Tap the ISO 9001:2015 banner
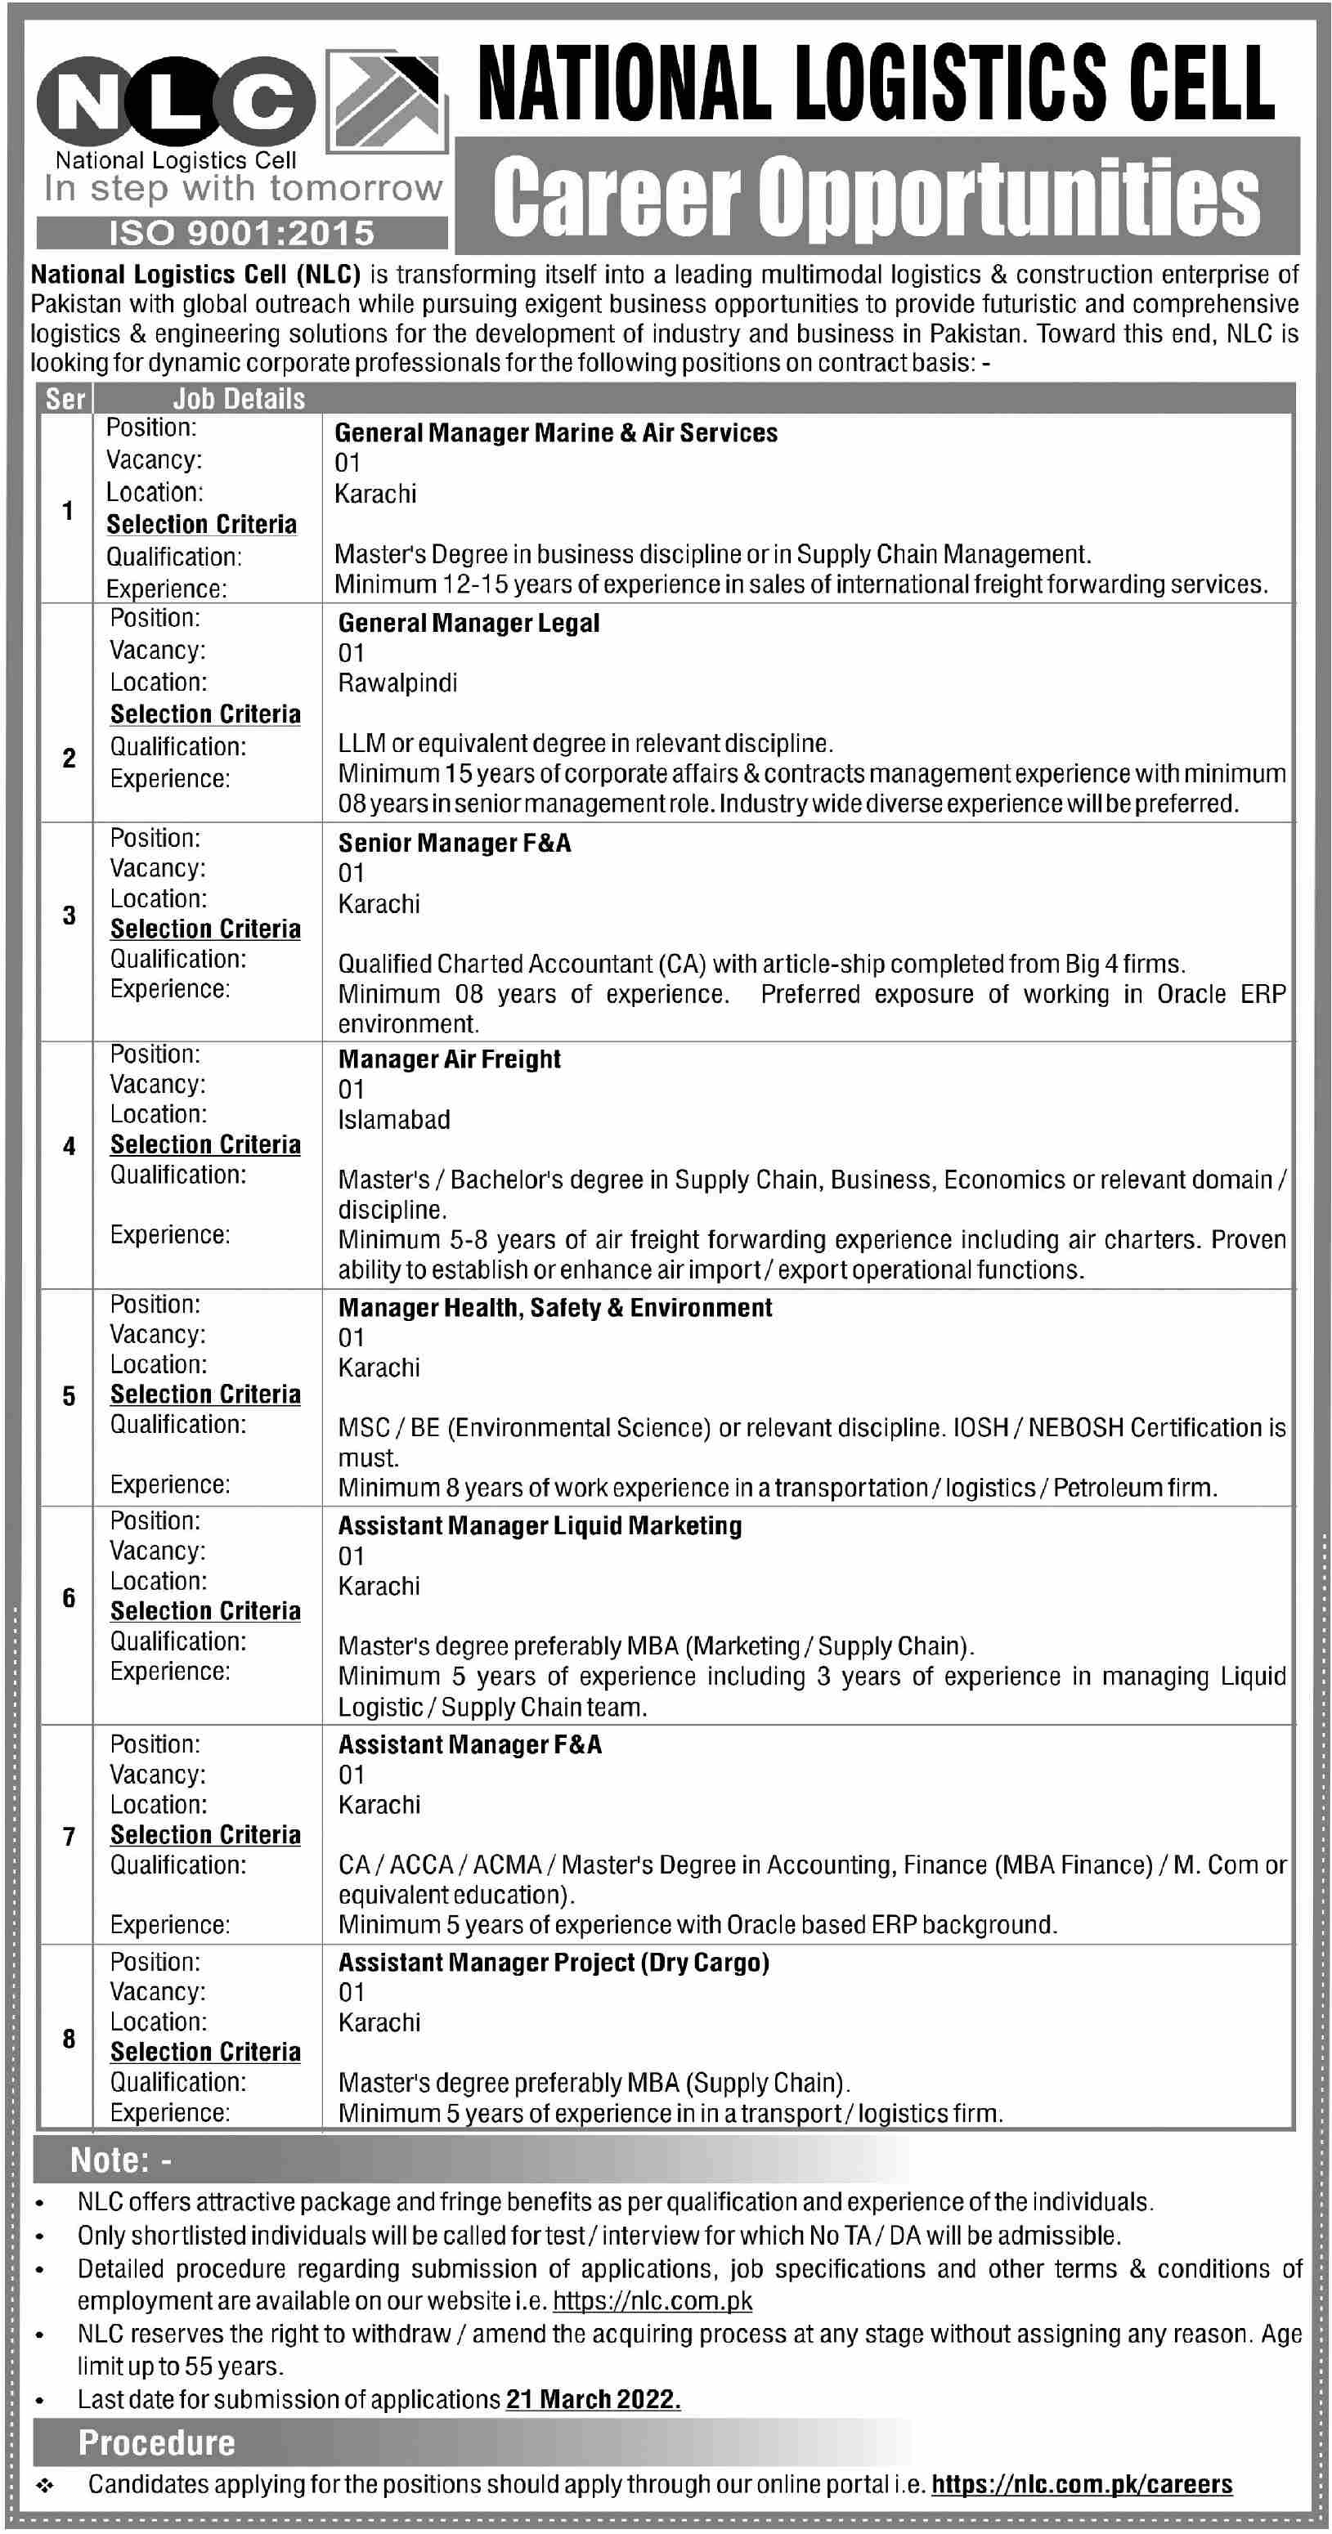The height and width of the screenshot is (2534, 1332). point(242,233)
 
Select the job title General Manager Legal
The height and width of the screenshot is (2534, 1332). point(469,623)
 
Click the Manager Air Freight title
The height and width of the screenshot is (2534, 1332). point(450,1059)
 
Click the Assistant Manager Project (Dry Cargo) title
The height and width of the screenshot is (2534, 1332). point(554,1963)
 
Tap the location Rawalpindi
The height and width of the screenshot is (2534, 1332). point(397,683)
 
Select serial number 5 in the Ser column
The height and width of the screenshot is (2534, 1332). point(68,1396)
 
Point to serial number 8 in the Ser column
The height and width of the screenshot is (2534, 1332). point(68,2039)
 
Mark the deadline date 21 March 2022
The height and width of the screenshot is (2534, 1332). point(593,2399)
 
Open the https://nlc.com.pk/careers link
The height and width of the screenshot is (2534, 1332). point(1081,2485)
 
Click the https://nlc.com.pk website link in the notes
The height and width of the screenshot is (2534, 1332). point(653,2301)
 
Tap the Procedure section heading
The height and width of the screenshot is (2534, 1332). point(156,2443)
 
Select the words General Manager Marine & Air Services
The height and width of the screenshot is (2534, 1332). point(556,433)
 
